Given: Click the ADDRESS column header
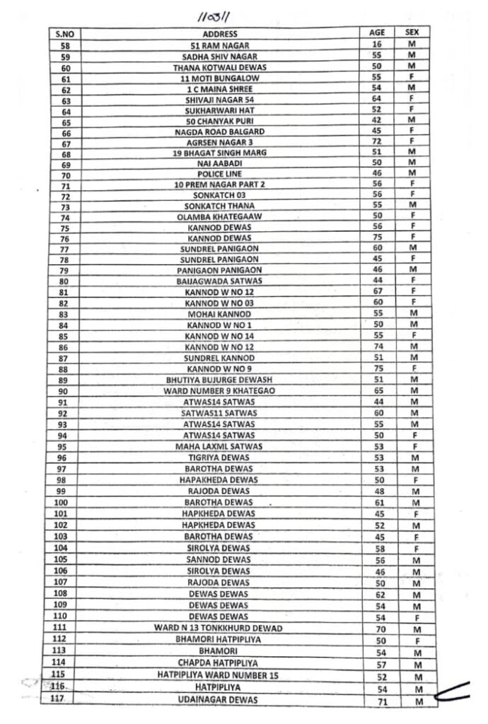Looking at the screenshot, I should pyautogui.click(x=219, y=33).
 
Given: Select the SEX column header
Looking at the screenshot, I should pyautogui.click(x=412, y=33).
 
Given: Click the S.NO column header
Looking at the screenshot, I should pyautogui.click(x=66, y=34).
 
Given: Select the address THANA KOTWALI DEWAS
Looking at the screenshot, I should pyautogui.click(x=219, y=67).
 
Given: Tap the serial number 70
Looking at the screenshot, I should pyautogui.click(x=66, y=174).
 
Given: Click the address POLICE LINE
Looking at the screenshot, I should pyautogui.click(x=219, y=174).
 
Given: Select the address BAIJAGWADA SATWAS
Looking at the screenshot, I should pyautogui.click(x=219, y=281).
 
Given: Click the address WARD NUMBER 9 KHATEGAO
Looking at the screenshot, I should pyautogui.click(x=219, y=391).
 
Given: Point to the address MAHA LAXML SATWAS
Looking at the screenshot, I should pyautogui.click(x=219, y=446).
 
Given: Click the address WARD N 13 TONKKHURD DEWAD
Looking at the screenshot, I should pyautogui.click(x=219, y=628).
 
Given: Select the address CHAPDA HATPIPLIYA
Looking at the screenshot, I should pyautogui.click(x=219, y=662).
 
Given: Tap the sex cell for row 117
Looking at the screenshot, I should pyautogui.click(x=418, y=701).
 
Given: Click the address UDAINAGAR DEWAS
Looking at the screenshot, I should pyautogui.click(x=219, y=699).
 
